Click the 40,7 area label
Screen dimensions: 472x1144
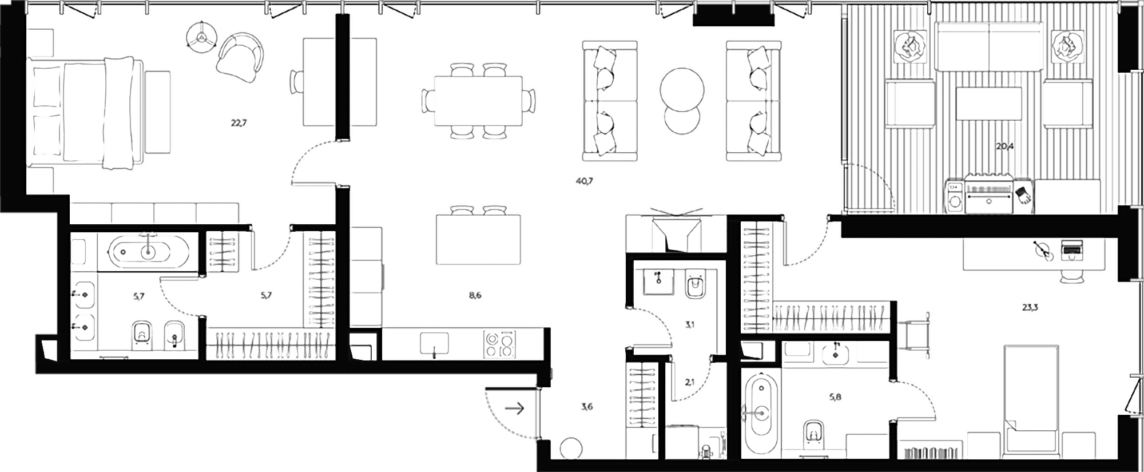pyautogui.click(x=585, y=181)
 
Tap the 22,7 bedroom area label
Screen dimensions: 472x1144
pyautogui.click(x=239, y=122)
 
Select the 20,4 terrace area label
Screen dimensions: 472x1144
pyautogui.click(x=1005, y=146)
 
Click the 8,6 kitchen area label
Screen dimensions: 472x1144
pyautogui.click(x=474, y=296)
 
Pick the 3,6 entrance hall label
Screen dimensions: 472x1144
pyautogui.click(x=587, y=407)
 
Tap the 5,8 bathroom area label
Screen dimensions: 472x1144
pyautogui.click(x=835, y=396)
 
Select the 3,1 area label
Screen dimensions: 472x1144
pyautogui.click(x=690, y=324)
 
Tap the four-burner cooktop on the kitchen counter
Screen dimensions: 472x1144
pyautogui.click(x=499, y=344)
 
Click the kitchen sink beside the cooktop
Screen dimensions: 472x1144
pyautogui.click(x=434, y=344)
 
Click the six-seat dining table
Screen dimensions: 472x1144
pyautogui.click(x=478, y=101)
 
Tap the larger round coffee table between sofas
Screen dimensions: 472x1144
pyautogui.click(x=682, y=91)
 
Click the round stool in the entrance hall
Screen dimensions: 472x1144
pyautogui.click(x=570, y=448)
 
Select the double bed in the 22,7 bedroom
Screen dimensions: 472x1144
pyautogui.click(x=86, y=112)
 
